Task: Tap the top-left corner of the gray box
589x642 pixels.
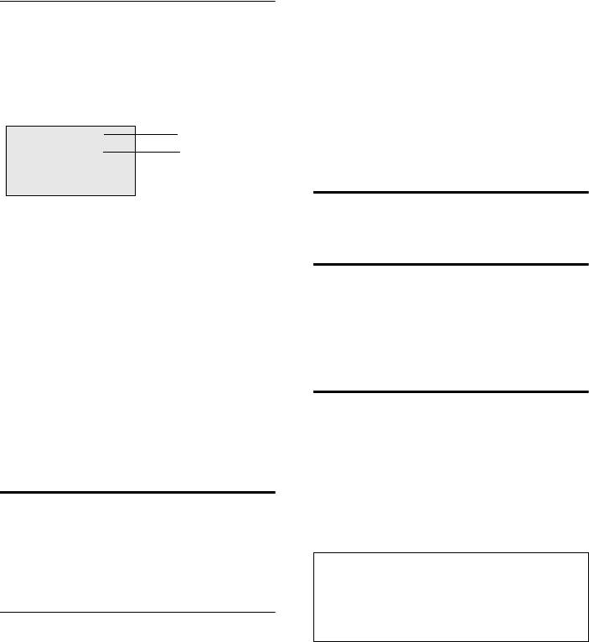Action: pyautogui.click(x=7, y=127)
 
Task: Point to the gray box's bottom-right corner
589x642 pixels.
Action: pyautogui.click(x=135, y=195)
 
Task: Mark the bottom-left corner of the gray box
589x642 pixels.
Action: pyautogui.click(x=7, y=195)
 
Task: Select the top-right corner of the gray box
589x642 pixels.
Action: pyautogui.click(x=135, y=127)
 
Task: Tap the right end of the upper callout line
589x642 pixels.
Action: pyautogui.click(x=178, y=133)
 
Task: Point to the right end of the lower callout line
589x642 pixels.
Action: pyautogui.click(x=179, y=152)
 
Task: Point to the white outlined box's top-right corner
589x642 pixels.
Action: pyautogui.click(x=588, y=551)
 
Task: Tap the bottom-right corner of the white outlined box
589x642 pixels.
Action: pyautogui.click(x=588, y=639)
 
